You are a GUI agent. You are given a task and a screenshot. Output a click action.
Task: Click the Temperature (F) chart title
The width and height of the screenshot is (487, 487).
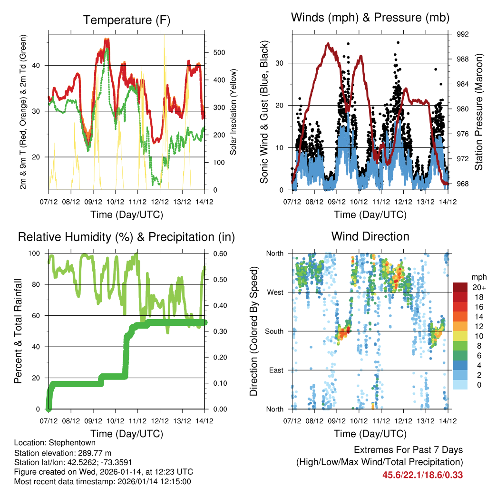point(127,20)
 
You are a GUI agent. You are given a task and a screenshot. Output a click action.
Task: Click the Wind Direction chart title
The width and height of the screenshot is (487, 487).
point(370,236)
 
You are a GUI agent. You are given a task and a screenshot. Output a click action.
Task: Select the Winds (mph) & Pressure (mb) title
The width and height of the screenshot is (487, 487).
point(370,18)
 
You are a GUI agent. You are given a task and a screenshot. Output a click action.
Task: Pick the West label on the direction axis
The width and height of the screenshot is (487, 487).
point(275,292)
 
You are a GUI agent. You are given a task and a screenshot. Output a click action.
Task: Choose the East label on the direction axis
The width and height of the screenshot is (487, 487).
point(276,370)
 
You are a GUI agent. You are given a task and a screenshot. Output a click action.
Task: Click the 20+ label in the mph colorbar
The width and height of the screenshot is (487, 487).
point(479,287)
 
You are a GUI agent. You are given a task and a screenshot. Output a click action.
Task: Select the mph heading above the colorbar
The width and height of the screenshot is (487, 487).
point(478,277)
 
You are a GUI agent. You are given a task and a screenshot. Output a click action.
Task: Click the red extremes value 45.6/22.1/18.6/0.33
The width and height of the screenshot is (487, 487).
point(422,475)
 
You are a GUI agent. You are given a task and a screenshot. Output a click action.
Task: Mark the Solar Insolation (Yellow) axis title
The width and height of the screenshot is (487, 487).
point(234,112)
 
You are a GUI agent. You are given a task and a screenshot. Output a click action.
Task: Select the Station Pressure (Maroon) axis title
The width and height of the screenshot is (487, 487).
point(478,112)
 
